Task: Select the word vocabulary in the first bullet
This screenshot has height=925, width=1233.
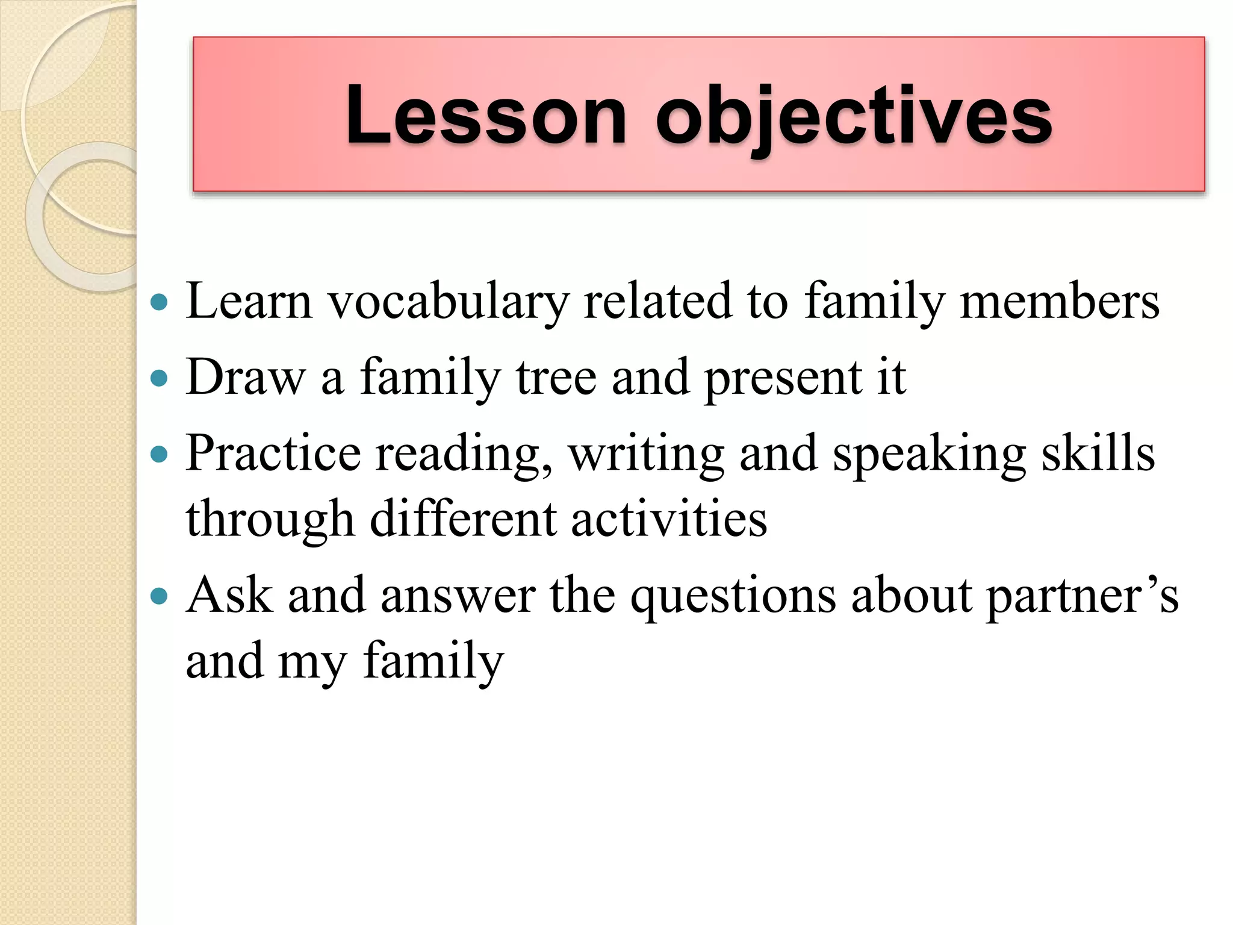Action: coord(448,301)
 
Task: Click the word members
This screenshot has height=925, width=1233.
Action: coord(1059,301)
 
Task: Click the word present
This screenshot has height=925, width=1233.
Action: coord(783,378)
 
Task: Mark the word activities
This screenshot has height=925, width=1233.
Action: coord(669,519)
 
